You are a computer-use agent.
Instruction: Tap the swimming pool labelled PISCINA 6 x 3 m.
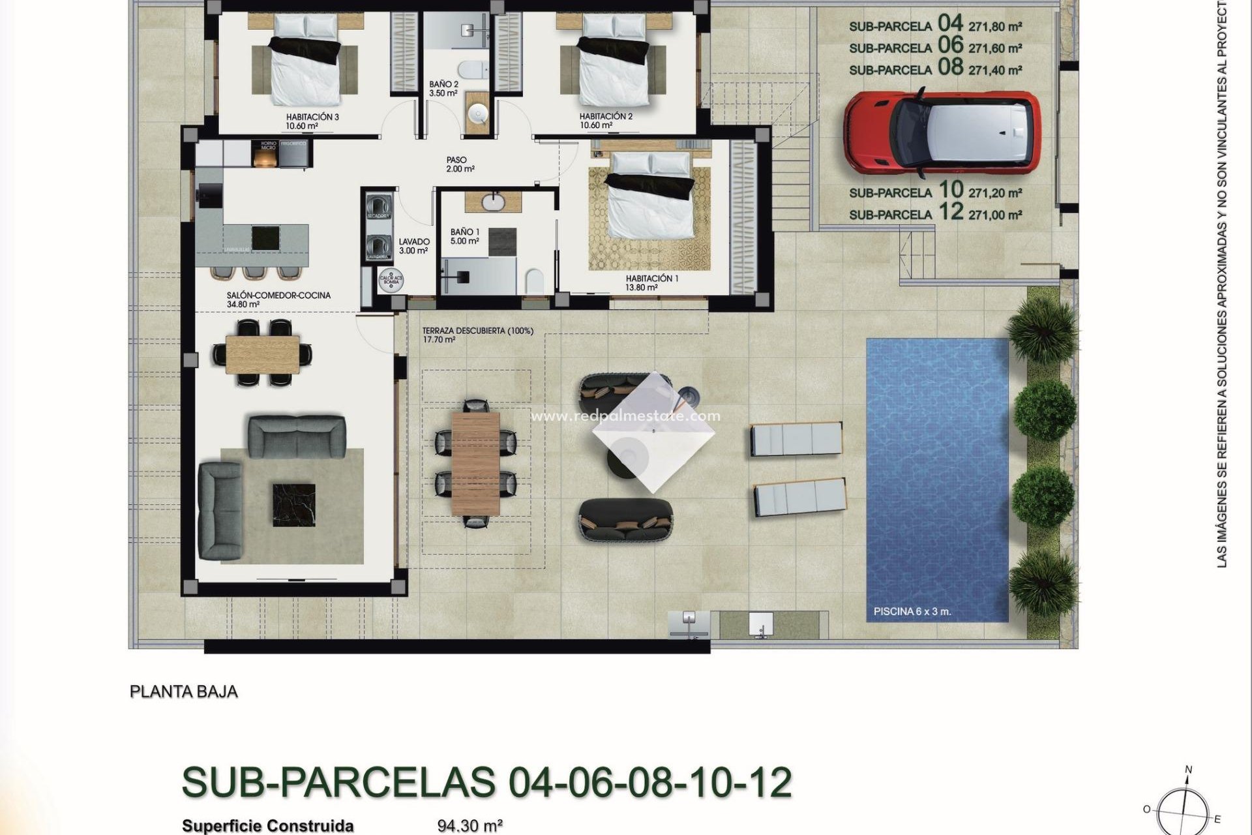936,479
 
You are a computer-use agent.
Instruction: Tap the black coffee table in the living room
293,504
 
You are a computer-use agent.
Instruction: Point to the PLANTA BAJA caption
184,691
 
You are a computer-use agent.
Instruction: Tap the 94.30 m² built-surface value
469,826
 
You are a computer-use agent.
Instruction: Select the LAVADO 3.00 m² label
413,246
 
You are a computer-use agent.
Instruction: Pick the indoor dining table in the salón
263,354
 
